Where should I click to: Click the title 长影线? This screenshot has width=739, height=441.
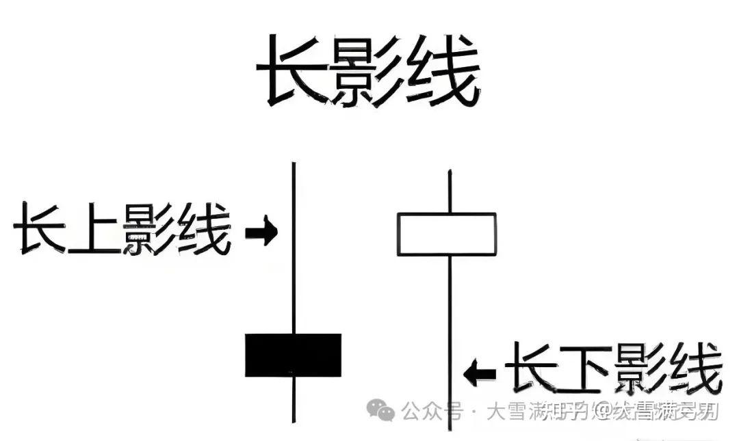click(367, 71)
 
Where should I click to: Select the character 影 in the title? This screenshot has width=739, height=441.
click(368, 72)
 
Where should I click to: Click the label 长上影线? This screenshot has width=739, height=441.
click(122, 229)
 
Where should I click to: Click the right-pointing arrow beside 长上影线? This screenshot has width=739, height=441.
click(261, 232)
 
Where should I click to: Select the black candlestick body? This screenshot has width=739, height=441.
click(293, 355)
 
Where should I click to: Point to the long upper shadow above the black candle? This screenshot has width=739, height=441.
click(293, 246)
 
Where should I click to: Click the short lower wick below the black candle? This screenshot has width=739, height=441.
click(293, 400)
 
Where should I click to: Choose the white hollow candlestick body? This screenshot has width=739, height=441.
click(447, 235)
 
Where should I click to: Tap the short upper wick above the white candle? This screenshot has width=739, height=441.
click(449, 191)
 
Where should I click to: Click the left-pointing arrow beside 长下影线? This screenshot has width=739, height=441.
click(480, 373)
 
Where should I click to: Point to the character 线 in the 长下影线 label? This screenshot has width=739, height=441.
click(695, 370)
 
